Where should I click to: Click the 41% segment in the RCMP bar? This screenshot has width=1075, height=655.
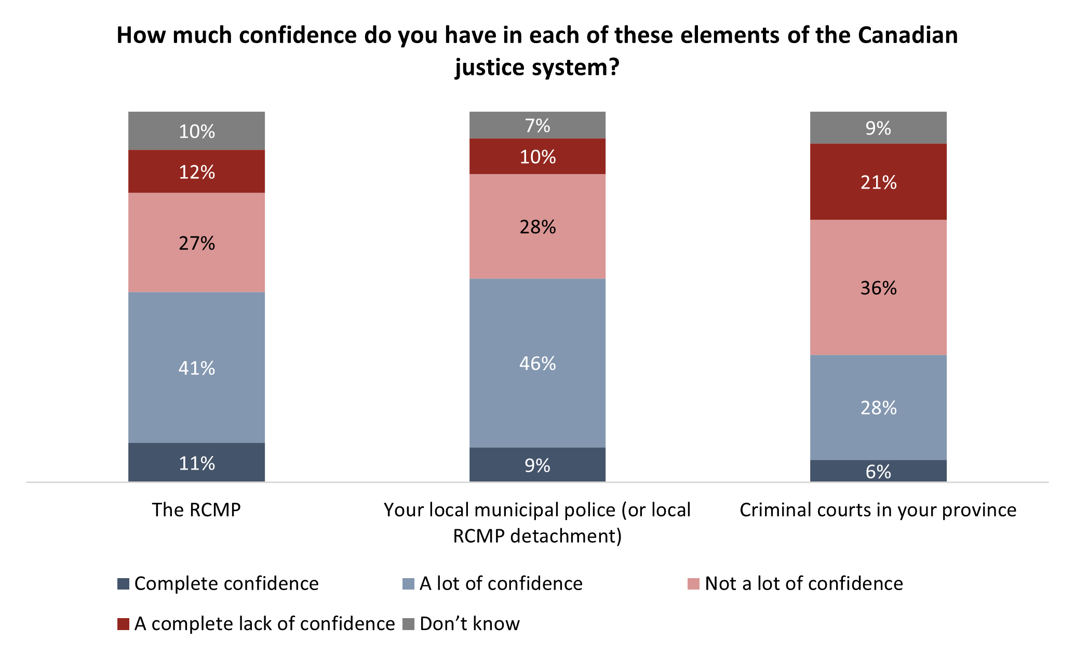[x=196, y=367]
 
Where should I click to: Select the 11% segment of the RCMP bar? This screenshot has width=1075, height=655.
[x=196, y=462]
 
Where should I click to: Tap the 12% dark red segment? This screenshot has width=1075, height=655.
[x=196, y=171]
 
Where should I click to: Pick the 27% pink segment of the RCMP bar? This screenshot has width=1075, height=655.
[x=196, y=243]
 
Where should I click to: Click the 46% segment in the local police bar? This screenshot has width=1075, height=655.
[x=537, y=363]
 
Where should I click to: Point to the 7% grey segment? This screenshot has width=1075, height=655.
[x=537, y=125]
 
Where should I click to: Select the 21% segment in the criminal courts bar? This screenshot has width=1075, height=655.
[x=878, y=182]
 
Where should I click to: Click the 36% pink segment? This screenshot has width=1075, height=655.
[x=878, y=287]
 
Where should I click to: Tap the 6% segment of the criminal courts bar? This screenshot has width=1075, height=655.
[x=878, y=471]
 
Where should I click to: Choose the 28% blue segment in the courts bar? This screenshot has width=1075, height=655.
[x=878, y=407]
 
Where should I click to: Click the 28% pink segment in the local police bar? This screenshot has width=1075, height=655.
[x=537, y=226]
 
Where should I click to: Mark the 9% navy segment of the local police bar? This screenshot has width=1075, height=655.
[x=537, y=464]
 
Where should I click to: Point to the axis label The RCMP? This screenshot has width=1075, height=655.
[x=196, y=510]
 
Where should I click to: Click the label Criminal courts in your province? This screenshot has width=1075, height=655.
[x=878, y=510]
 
